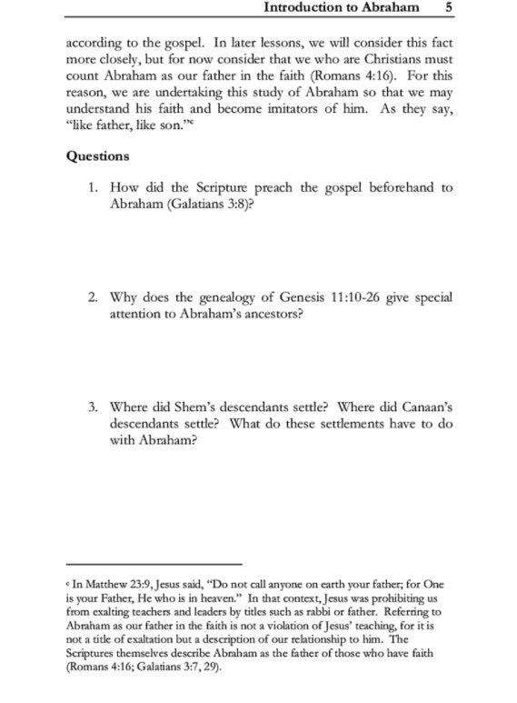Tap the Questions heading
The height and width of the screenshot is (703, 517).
point(97,156)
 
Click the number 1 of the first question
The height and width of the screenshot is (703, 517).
point(94,187)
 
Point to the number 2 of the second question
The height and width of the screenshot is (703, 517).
point(94,297)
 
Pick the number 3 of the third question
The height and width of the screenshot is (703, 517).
point(94,407)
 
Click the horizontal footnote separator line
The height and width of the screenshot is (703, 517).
point(154,565)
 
